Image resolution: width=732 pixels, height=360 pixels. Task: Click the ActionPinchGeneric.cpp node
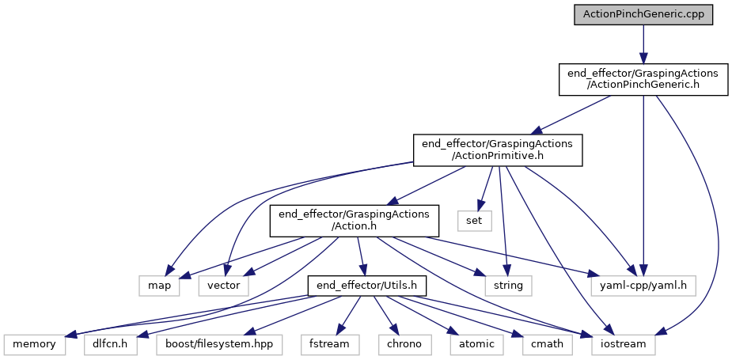(x=643, y=14)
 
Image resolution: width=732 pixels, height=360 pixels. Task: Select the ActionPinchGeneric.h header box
(x=643, y=79)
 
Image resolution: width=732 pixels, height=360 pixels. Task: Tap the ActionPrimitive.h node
(x=498, y=150)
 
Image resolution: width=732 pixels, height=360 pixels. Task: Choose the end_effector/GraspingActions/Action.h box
(x=354, y=220)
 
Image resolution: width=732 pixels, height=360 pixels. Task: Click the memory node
(x=35, y=344)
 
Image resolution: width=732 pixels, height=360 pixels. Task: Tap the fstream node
(x=330, y=344)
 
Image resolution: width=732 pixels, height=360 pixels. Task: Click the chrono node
(x=403, y=344)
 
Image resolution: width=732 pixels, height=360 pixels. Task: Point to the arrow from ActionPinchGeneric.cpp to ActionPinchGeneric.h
(x=643, y=43)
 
